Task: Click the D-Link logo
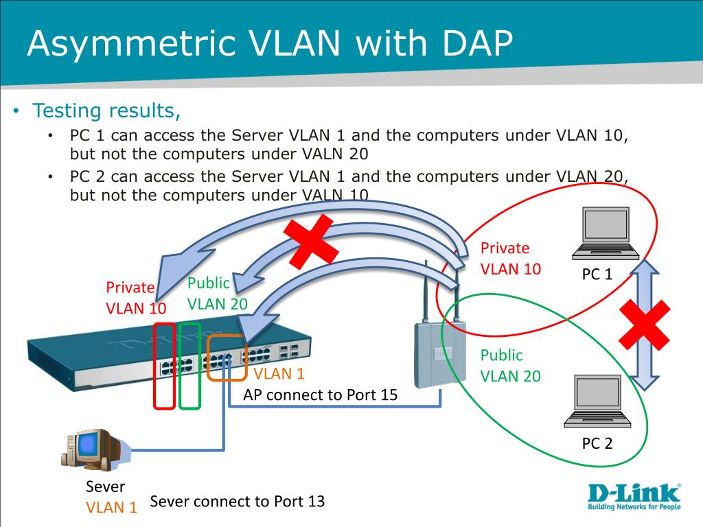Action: [x=634, y=497]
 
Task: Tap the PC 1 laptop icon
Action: [x=606, y=233]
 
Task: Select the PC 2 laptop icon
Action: [x=598, y=401]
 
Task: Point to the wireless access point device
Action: [x=440, y=340]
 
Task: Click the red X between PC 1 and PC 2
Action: [x=645, y=325]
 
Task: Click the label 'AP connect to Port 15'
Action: [x=320, y=395]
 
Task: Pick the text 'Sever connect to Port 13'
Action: [x=237, y=501]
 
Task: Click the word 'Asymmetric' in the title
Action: [x=131, y=44]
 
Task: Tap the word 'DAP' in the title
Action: [x=478, y=43]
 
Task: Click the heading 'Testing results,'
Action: [x=106, y=110]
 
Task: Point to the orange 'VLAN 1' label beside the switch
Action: [x=279, y=374]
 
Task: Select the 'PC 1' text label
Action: [x=597, y=274]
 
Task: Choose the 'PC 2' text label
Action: [x=597, y=443]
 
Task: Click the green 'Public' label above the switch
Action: [x=209, y=283]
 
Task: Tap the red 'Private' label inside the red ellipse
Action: [x=505, y=248]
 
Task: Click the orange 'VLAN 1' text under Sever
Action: [x=111, y=507]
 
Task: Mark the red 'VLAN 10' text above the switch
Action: [x=136, y=308]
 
